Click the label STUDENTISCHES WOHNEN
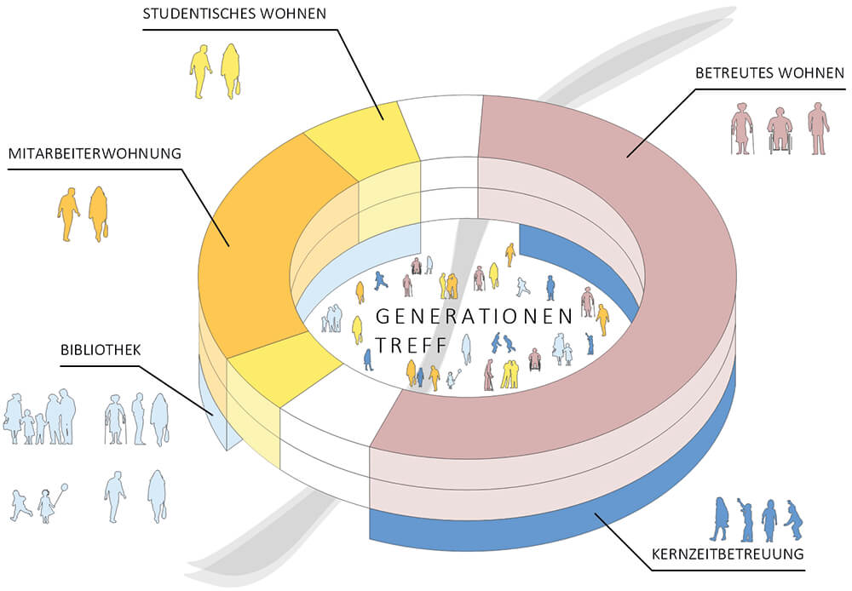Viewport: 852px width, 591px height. click(x=233, y=15)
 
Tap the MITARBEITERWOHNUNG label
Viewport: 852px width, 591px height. click(x=95, y=155)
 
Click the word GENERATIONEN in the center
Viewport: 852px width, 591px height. click(x=474, y=317)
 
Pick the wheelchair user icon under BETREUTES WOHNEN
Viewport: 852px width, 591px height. click(x=780, y=130)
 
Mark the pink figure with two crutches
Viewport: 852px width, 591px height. click(x=742, y=129)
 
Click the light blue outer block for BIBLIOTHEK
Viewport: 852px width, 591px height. click(x=211, y=409)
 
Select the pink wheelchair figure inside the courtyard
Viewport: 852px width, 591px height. click(x=535, y=360)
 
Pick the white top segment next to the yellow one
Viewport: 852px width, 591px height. click(x=443, y=128)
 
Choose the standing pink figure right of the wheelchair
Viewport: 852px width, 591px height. click(x=818, y=129)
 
